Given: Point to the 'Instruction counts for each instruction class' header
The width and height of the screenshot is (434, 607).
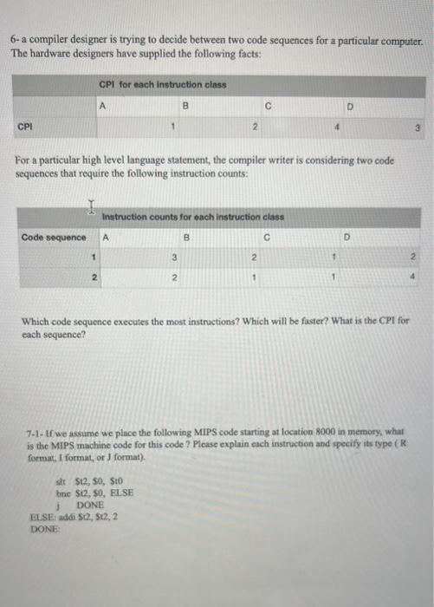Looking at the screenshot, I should pyautogui.click(x=192, y=216).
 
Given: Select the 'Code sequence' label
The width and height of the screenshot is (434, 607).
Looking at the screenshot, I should pyautogui.click(x=53, y=237).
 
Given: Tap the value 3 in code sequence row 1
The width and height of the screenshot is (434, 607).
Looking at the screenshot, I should pyautogui.click(x=173, y=258).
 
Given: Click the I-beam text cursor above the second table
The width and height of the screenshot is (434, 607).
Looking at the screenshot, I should pyautogui.click(x=92, y=206).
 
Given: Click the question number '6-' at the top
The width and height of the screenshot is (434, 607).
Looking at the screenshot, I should pyautogui.click(x=15, y=42).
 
